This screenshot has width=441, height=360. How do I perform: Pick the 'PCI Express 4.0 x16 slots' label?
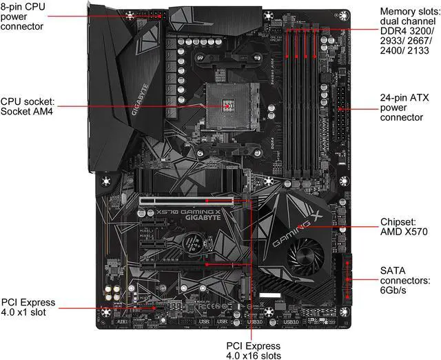tap(254, 350)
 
